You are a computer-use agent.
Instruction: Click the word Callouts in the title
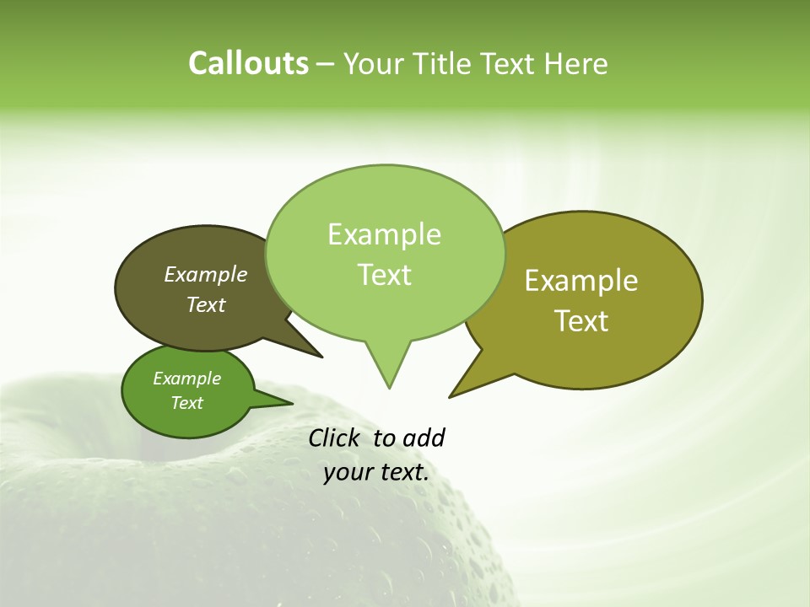coord(248,64)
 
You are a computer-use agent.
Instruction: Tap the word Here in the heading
coord(575,64)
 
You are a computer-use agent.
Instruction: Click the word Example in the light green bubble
coord(384,234)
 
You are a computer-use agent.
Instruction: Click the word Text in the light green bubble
coord(384,275)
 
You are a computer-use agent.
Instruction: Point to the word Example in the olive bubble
coord(581,281)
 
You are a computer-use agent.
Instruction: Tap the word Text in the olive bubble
coord(581,321)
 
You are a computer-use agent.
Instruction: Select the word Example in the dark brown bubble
coord(205,274)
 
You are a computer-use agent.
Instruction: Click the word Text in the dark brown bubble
coord(205,304)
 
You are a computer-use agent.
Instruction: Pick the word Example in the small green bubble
coord(186,379)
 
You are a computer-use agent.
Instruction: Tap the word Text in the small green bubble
coord(186,403)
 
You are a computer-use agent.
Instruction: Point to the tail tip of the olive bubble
coord(451,396)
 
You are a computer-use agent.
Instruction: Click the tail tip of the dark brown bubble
coord(321,357)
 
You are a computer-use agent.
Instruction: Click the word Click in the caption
coord(335,438)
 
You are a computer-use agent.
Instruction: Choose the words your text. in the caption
coord(376,472)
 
